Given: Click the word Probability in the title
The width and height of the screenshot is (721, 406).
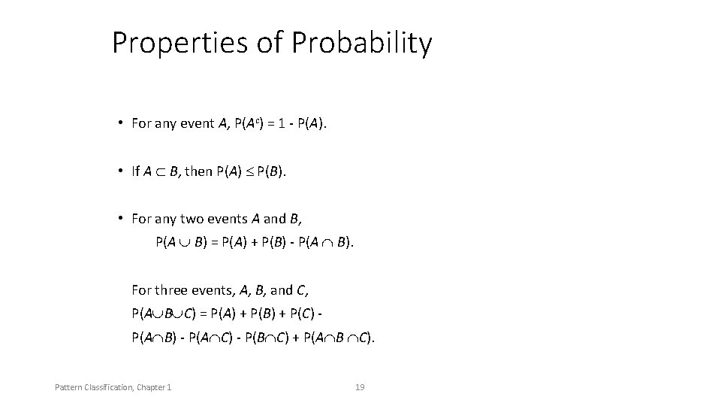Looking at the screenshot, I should click(x=362, y=44).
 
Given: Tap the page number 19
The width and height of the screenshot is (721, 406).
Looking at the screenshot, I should click(x=360, y=387).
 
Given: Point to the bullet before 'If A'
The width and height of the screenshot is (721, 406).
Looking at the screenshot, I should click(x=120, y=171).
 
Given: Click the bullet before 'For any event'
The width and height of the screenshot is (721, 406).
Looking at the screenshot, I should click(x=120, y=123).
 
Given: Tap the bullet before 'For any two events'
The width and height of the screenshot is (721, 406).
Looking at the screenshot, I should click(x=120, y=219).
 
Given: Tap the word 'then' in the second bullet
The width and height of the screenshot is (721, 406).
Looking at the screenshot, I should click(x=198, y=171).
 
